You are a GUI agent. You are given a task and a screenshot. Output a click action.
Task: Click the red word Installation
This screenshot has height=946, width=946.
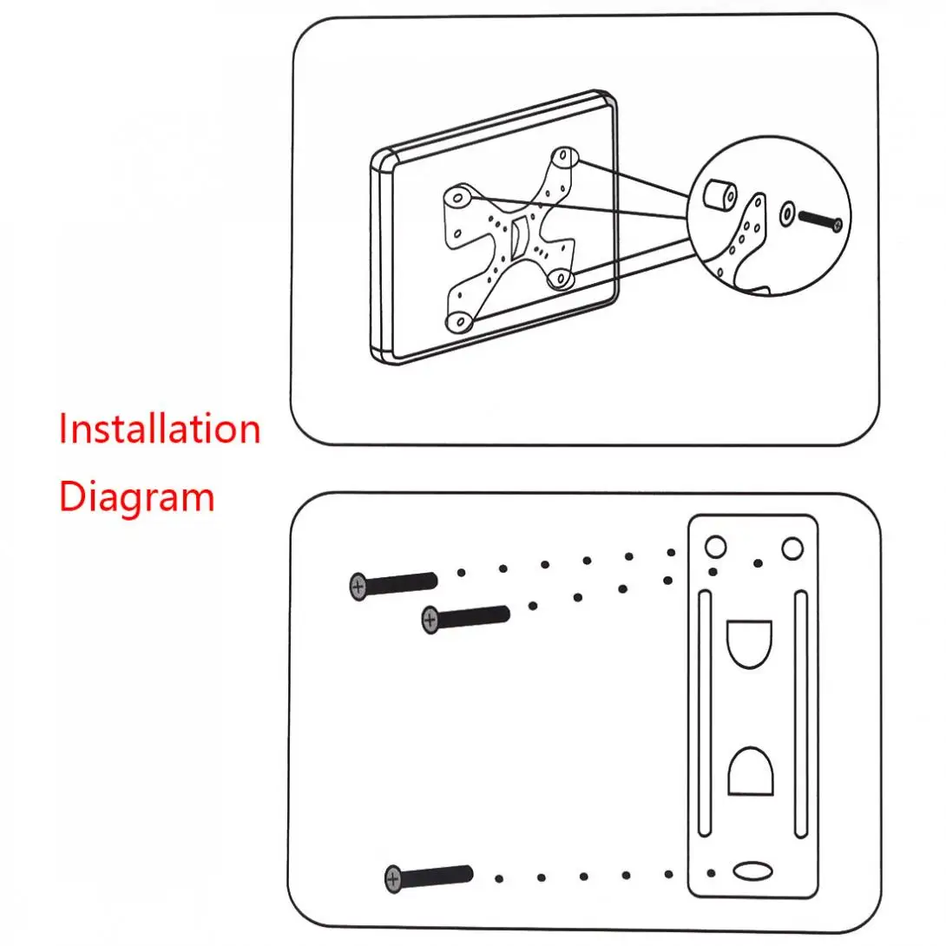(160, 430)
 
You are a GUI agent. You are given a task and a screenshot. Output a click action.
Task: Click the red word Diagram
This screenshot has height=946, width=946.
(136, 497)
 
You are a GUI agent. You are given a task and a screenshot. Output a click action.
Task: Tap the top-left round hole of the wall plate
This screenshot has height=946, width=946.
(714, 547)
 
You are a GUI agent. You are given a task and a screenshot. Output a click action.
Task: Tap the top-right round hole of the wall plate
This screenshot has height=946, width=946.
(792, 548)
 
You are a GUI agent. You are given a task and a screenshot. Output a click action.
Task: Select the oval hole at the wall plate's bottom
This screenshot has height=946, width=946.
(752, 871)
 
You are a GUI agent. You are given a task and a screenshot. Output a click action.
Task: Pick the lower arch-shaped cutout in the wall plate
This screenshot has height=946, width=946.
(750, 772)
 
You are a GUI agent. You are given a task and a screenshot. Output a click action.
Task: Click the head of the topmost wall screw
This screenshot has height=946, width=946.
(358, 587)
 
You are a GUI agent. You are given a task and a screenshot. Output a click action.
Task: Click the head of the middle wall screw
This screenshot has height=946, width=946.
(430, 620)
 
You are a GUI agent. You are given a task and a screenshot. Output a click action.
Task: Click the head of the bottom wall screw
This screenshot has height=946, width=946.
(394, 879)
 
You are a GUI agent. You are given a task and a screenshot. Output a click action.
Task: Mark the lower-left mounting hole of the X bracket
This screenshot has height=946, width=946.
(458, 322)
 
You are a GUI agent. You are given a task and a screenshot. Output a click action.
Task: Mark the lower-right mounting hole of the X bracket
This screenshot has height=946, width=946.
(560, 279)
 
